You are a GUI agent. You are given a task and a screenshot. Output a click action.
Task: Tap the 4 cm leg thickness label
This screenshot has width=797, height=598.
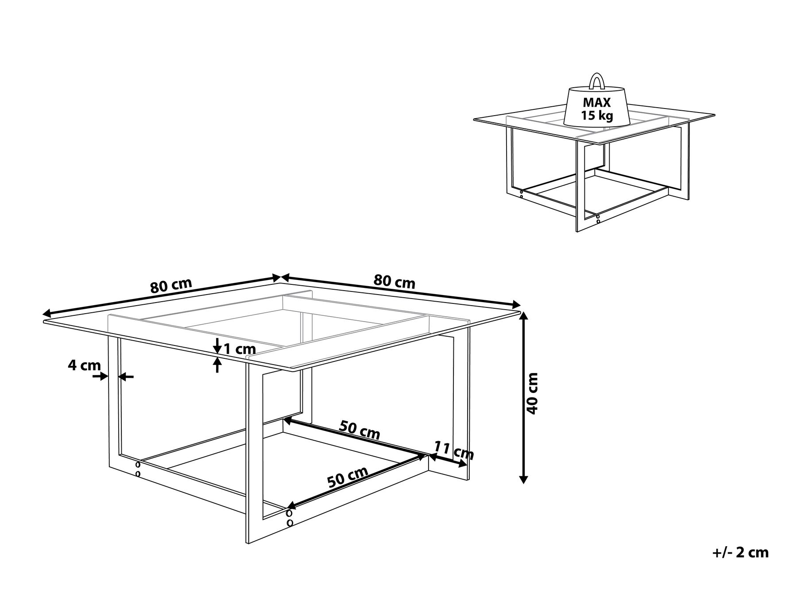pyautogui.click(x=84, y=365)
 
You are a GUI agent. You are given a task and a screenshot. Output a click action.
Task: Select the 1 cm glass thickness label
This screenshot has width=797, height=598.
pyautogui.click(x=240, y=349)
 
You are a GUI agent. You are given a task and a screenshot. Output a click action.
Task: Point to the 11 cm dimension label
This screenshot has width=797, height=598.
pyautogui.click(x=453, y=450)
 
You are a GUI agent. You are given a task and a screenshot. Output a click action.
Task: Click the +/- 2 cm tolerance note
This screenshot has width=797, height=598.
pyautogui.click(x=741, y=553)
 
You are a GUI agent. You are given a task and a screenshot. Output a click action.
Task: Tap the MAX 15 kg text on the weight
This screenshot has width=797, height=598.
pyautogui.click(x=596, y=109)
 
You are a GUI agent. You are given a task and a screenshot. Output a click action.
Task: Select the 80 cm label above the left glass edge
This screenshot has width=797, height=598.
pyautogui.click(x=171, y=286)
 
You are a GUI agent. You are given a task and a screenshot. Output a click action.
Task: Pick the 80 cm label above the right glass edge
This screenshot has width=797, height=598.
pyautogui.click(x=395, y=281)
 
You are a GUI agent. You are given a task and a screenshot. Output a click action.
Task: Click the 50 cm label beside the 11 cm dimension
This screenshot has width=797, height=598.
pyautogui.click(x=360, y=430)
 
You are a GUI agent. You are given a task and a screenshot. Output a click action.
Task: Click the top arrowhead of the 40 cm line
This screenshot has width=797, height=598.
pyautogui.click(x=523, y=315)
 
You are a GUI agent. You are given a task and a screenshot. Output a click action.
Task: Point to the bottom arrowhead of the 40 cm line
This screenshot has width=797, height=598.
pyautogui.click(x=523, y=479)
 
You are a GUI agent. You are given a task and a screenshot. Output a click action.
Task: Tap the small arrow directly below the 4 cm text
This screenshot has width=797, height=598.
pyautogui.click(x=101, y=376)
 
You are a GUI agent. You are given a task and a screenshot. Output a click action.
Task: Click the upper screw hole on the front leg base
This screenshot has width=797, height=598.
pyautogui.click(x=290, y=513)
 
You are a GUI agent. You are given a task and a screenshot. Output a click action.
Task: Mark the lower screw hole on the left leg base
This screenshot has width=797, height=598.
pyautogui.click(x=138, y=474)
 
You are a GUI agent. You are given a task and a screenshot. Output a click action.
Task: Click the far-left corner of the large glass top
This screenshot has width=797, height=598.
pyautogui.click(x=44, y=320)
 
